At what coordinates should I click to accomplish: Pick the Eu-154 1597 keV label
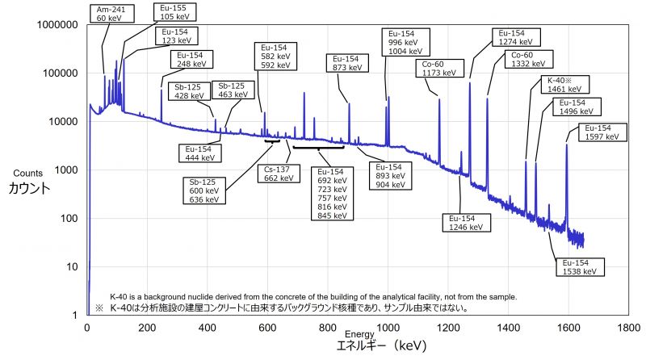click(x=602, y=132)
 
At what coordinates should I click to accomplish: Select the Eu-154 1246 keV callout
click(x=465, y=222)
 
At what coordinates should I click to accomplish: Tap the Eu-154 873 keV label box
click(x=346, y=64)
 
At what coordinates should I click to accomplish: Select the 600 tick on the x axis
click(x=267, y=329)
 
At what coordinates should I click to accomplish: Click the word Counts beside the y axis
click(x=27, y=174)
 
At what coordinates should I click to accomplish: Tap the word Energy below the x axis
click(x=359, y=333)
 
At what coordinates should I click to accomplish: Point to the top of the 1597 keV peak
click(x=567, y=144)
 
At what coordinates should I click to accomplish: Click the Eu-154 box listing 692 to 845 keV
click(x=331, y=194)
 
